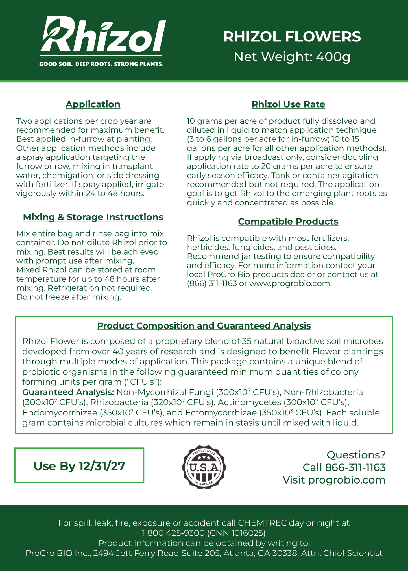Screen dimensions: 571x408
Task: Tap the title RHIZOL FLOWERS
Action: (x=292, y=37)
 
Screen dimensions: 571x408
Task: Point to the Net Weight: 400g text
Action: (x=292, y=57)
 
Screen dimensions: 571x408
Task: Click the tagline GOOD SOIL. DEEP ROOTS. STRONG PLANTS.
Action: (x=101, y=64)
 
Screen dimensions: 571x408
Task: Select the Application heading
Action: (x=93, y=104)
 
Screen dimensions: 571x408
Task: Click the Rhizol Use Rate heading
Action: (x=288, y=104)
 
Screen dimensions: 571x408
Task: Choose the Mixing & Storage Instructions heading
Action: (x=93, y=217)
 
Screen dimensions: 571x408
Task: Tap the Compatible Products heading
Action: (x=288, y=222)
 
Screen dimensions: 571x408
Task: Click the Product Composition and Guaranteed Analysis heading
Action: (x=204, y=326)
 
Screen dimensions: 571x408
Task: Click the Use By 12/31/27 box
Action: (x=79, y=466)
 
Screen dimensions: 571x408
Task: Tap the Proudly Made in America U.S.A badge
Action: (x=204, y=467)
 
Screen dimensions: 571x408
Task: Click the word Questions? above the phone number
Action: (x=356, y=455)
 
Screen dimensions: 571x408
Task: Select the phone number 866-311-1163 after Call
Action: (x=355, y=467)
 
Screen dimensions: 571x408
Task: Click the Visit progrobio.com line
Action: (x=334, y=480)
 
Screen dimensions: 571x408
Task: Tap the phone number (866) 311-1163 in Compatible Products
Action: (x=212, y=283)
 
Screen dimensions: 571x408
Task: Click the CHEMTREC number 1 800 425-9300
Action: (x=173, y=533)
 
